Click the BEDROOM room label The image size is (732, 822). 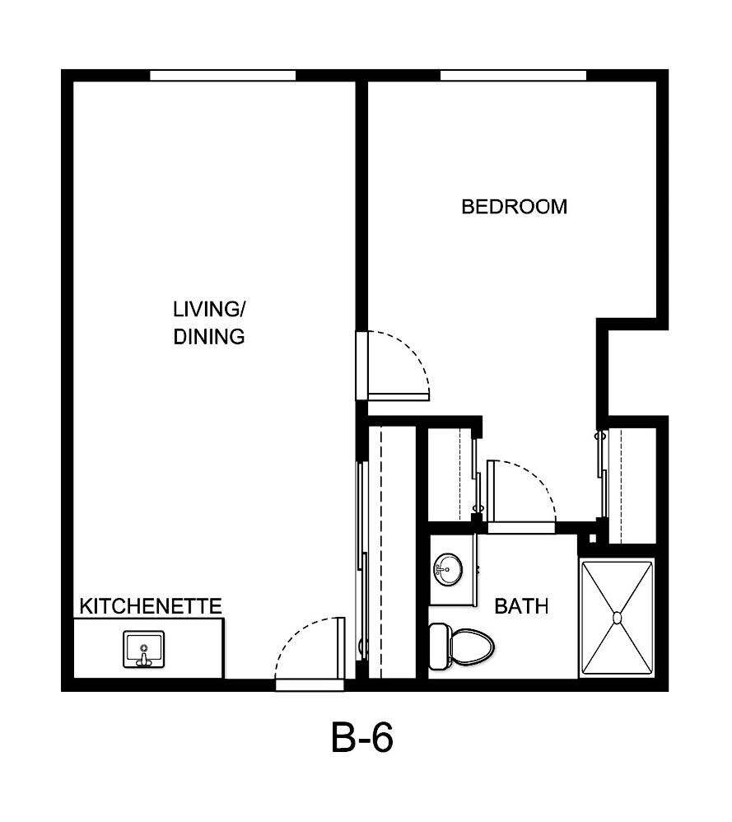[514, 206]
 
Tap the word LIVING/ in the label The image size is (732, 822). [209, 310]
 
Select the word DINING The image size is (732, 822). [209, 337]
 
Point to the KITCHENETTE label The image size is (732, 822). [151, 607]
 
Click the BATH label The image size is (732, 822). [521, 607]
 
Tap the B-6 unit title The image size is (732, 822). [362, 739]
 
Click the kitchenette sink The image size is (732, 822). [144, 649]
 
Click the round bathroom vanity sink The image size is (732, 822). [448, 567]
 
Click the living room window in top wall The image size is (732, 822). [222, 75]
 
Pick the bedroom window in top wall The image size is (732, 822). [513, 75]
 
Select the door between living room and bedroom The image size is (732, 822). [395, 367]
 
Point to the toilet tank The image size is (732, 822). [440, 645]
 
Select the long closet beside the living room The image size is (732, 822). [391, 552]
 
